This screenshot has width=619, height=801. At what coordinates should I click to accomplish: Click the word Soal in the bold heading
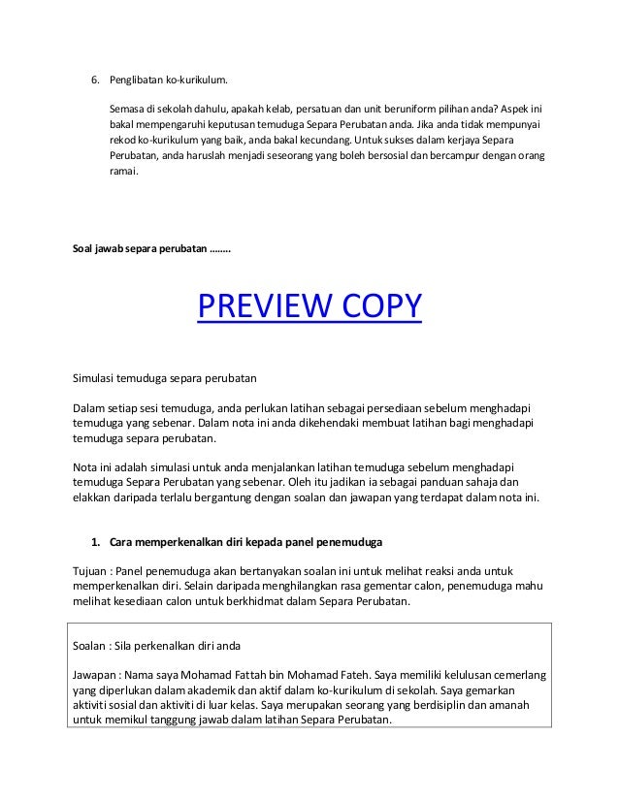pyautogui.click(x=86, y=249)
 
